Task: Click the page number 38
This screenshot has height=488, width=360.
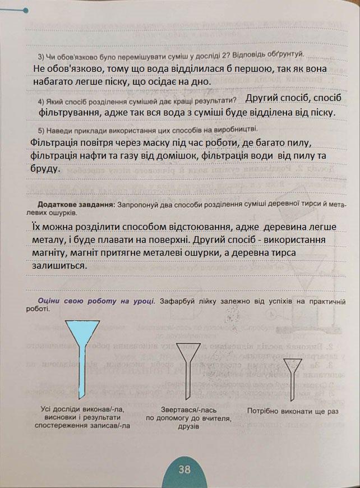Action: point(184,469)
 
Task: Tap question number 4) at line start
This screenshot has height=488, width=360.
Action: point(41,101)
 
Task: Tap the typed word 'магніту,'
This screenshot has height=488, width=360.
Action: point(52,254)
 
